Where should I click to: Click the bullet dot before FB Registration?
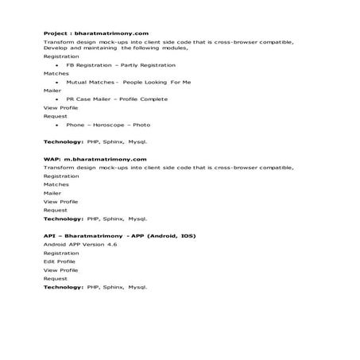click(57, 65)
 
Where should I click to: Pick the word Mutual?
click(76, 82)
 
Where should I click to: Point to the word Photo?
click(141, 125)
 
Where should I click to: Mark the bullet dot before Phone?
click(57, 125)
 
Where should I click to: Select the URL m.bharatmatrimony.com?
click(103, 160)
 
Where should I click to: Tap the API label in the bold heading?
click(49, 236)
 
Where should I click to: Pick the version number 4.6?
click(112, 245)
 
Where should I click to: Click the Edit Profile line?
click(60, 261)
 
